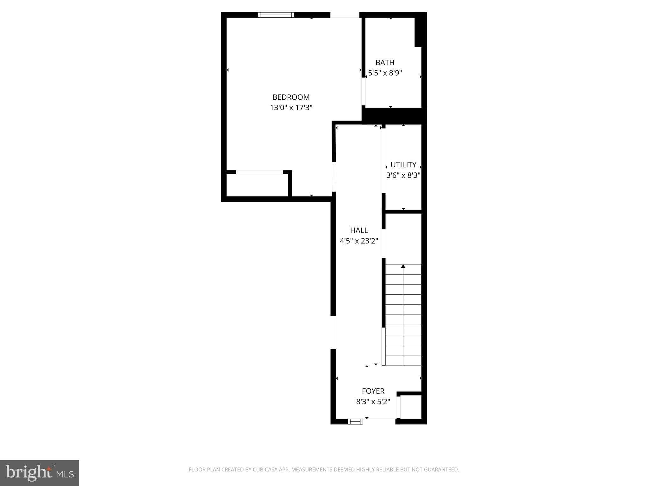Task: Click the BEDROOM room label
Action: click(291, 97)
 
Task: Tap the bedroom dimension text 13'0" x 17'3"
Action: click(291, 108)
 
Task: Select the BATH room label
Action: click(385, 63)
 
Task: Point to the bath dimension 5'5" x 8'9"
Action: click(385, 73)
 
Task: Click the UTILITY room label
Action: click(403, 165)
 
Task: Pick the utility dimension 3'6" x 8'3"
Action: click(403, 175)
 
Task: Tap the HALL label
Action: click(359, 230)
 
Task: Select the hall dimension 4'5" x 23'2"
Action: click(359, 241)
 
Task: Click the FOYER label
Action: click(373, 391)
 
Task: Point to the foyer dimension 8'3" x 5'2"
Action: click(373, 402)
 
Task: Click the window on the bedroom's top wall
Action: click(276, 15)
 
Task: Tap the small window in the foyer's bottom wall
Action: click(355, 421)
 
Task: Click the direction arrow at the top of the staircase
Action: click(403, 266)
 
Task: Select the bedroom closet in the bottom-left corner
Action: click(257, 185)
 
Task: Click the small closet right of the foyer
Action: click(411, 407)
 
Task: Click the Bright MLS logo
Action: click(40, 473)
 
